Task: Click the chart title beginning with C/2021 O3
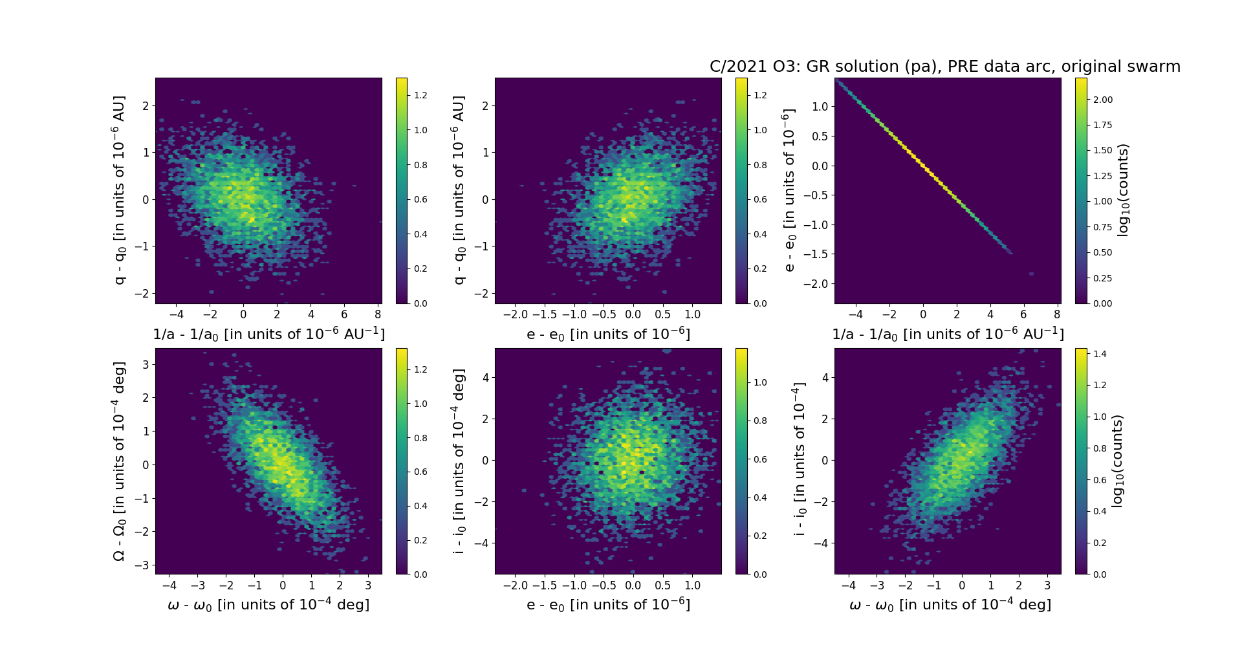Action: click(944, 67)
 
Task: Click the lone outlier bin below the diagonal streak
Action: click(1031, 274)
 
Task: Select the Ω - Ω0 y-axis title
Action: click(119, 461)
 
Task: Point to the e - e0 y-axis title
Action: click(789, 190)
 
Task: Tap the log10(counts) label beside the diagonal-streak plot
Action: click(1123, 190)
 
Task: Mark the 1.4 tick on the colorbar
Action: click(1100, 354)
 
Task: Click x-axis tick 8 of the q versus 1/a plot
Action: click(378, 314)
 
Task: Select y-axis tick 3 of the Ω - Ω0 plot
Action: click(146, 364)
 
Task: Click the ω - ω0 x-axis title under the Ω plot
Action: click(268, 605)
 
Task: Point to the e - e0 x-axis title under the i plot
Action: click(608, 605)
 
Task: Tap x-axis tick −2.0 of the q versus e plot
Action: click(515, 314)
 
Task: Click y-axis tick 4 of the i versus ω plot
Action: click(825, 377)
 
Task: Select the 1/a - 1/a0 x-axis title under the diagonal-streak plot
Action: click(948, 334)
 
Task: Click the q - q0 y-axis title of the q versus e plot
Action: click(459, 190)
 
